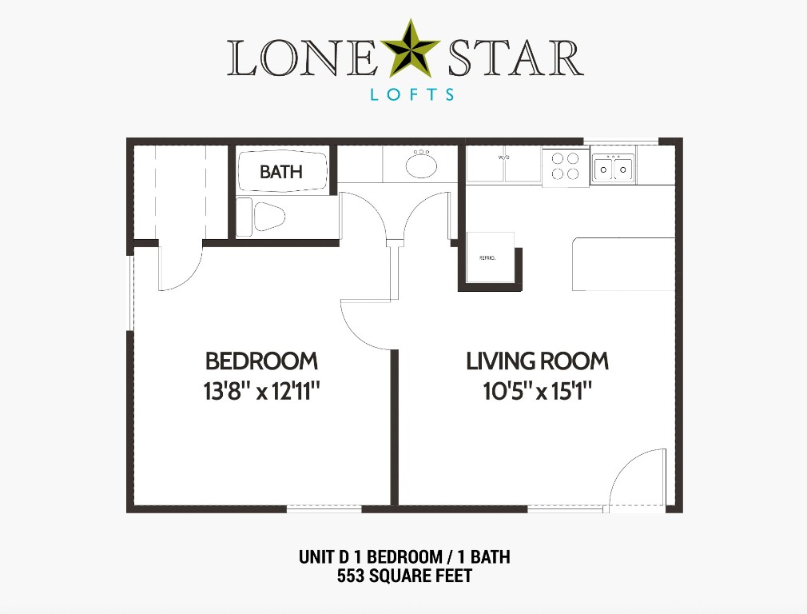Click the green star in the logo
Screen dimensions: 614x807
point(410,50)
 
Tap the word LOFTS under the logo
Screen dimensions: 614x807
point(412,94)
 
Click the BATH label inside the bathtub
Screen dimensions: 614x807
point(281,171)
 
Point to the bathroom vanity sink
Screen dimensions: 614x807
point(421,165)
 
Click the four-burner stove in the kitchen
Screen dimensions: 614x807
point(566,166)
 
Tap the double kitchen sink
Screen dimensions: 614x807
point(613,168)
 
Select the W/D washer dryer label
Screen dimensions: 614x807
point(503,158)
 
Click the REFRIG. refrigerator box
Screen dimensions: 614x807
point(487,257)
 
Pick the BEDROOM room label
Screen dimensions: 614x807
point(261,361)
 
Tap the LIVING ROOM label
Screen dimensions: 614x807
point(537,361)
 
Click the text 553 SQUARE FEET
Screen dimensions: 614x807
point(403,575)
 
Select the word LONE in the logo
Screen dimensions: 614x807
point(303,58)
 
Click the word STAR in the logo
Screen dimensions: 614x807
point(513,58)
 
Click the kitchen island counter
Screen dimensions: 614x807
point(623,264)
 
